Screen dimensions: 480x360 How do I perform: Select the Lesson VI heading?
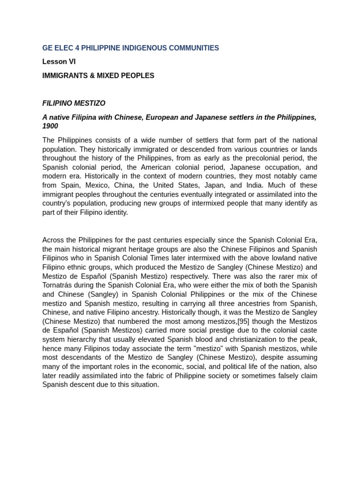pyautogui.click(x=59, y=61)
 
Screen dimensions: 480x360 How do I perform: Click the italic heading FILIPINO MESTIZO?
pyautogui.click(x=74, y=103)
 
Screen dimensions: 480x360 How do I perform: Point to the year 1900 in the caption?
pyautogui.click(x=50, y=126)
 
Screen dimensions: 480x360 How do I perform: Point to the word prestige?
pyautogui.click(x=200, y=330)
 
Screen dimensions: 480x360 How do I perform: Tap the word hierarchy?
pyautogui.click(x=87, y=339)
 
